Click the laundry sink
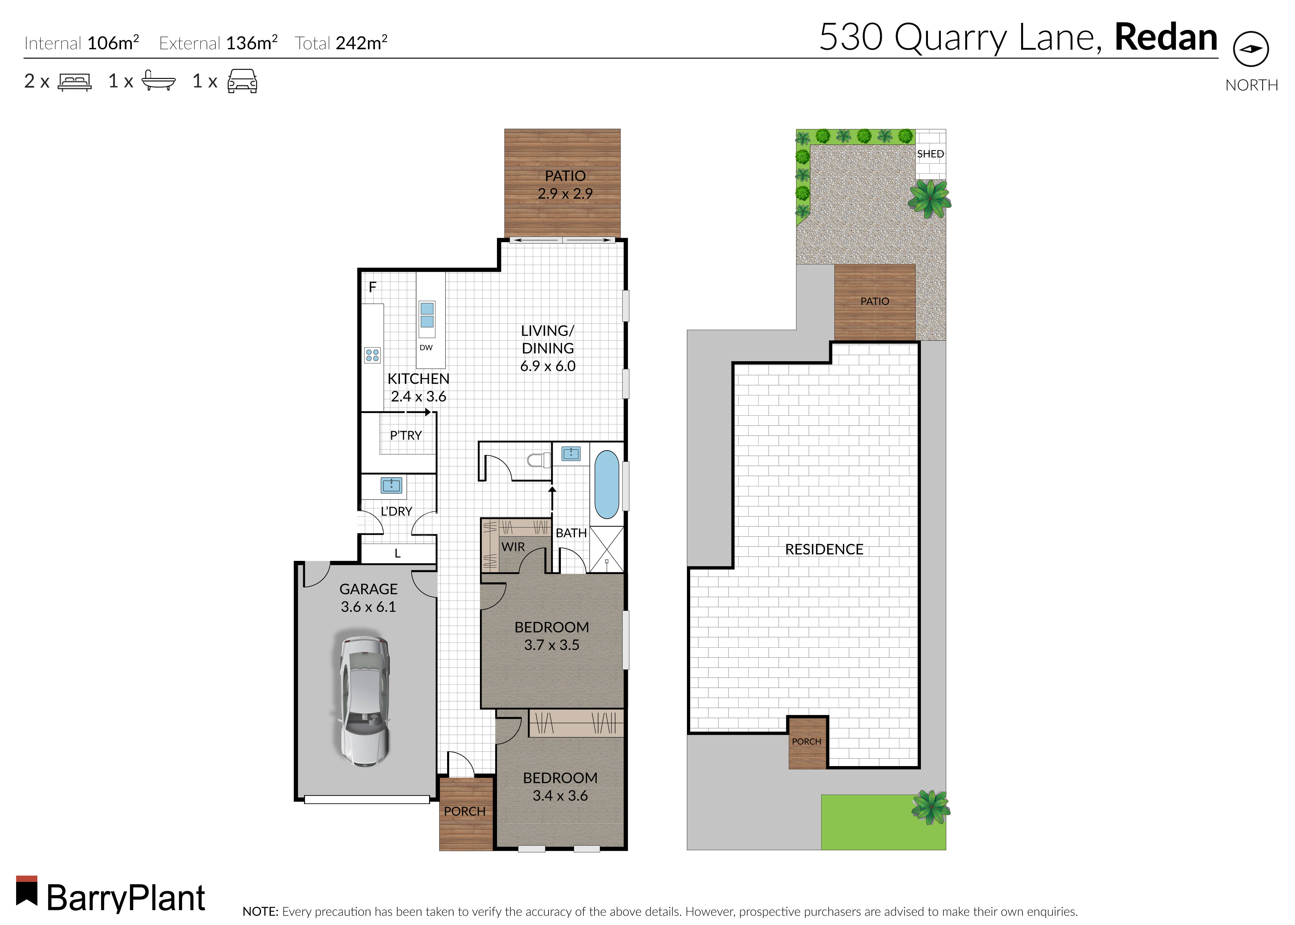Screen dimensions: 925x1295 pos(391,485)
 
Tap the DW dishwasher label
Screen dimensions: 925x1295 pos(426,347)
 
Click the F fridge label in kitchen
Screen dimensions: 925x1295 pos(372,287)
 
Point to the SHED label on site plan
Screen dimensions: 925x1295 pos(930,154)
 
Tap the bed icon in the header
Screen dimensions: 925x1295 pos(74,82)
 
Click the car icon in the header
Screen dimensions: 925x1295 pos(242,82)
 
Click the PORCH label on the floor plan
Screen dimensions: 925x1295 pos(465,811)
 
